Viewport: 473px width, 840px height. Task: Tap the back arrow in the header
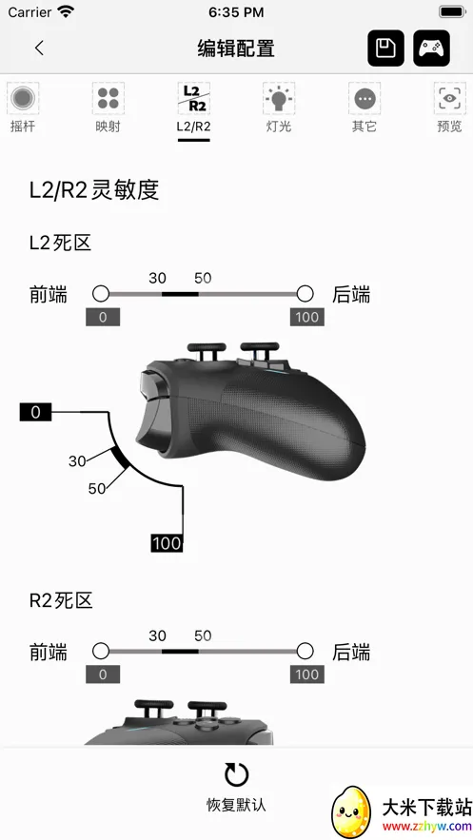pyautogui.click(x=39, y=48)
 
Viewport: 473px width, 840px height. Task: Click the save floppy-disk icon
pyautogui.click(x=385, y=49)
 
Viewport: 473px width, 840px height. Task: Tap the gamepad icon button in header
pyautogui.click(x=431, y=49)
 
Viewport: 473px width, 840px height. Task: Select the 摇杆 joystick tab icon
pyautogui.click(x=23, y=98)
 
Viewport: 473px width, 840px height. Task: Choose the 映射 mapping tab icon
pyautogui.click(x=108, y=98)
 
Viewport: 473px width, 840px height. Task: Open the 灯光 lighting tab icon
pyautogui.click(x=279, y=98)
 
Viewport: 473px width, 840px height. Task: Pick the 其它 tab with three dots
pyautogui.click(x=365, y=98)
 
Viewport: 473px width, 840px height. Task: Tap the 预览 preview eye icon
pyautogui.click(x=449, y=98)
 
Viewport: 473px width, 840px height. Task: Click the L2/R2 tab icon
pyautogui.click(x=193, y=98)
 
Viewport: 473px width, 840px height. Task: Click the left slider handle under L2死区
pyautogui.click(x=101, y=294)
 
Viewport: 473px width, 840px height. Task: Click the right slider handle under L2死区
pyautogui.click(x=305, y=294)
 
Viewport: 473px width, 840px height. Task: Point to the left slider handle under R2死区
pyautogui.click(x=101, y=651)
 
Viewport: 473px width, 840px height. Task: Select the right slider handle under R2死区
pyautogui.click(x=305, y=651)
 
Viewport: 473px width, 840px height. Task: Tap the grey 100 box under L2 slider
pyautogui.click(x=307, y=317)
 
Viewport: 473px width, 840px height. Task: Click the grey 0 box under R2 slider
pyautogui.click(x=103, y=674)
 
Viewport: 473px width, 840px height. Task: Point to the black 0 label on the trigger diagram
pyautogui.click(x=35, y=412)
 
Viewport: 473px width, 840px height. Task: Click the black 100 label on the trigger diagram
pyautogui.click(x=167, y=543)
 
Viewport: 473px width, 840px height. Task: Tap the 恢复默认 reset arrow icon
pyautogui.click(x=236, y=774)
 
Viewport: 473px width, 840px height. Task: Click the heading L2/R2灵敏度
pyautogui.click(x=94, y=189)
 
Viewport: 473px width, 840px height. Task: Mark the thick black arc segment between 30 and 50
pyautogui.click(x=120, y=458)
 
